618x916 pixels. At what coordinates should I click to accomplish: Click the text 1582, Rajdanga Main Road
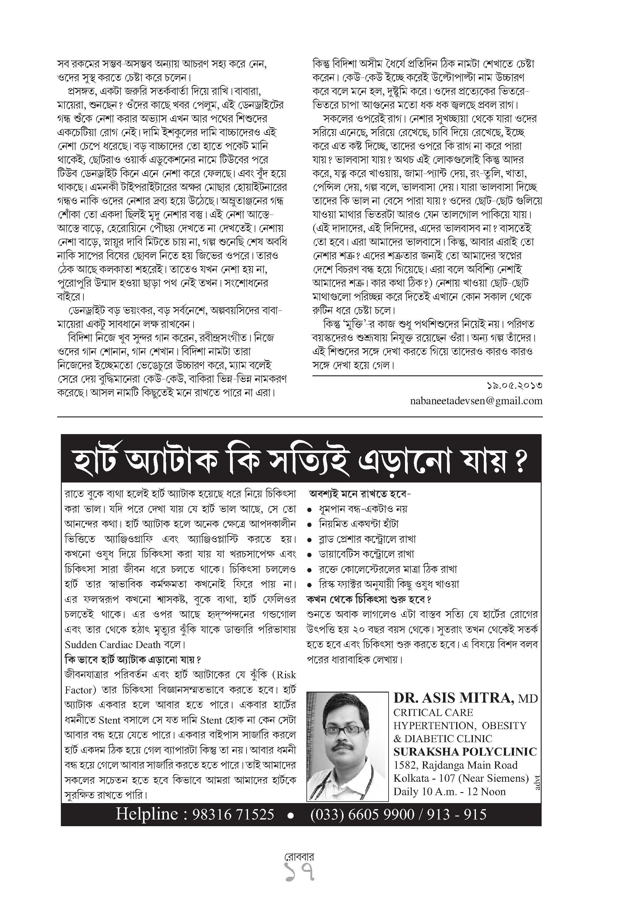455,765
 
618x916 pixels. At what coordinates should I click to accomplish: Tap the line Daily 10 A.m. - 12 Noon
449,791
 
